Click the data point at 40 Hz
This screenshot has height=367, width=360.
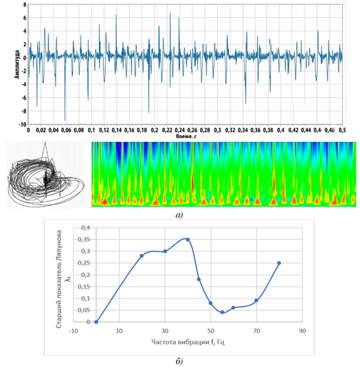[x=187, y=239]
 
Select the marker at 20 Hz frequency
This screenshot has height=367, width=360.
[x=141, y=256]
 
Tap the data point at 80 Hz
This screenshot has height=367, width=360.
[x=279, y=263]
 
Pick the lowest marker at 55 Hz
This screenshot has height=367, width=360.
[x=222, y=312]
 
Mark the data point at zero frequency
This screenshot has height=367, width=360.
[x=96, y=322]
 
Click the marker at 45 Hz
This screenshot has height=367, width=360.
[x=199, y=279]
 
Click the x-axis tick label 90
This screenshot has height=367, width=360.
[x=302, y=331]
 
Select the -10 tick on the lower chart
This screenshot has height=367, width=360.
[x=73, y=331]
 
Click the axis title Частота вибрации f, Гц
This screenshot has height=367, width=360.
[x=188, y=342]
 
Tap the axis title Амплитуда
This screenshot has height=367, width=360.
[x=17, y=64]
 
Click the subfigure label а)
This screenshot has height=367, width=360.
[x=179, y=215]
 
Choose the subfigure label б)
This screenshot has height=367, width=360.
[x=179, y=361]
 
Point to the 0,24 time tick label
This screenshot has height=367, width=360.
[x=179, y=130]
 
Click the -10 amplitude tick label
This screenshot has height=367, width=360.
[x=22, y=124]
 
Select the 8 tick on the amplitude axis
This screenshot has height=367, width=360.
[x=25, y=4]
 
